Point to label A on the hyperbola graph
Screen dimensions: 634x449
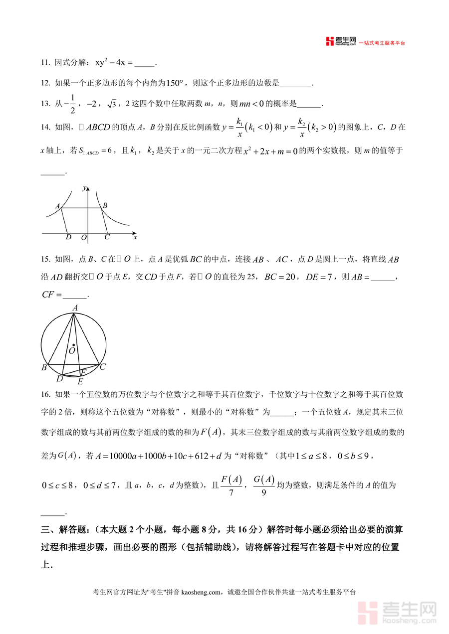pyautogui.click(x=57, y=206)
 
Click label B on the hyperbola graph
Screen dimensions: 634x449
pyautogui.click(x=105, y=205)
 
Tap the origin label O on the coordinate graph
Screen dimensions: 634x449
pyautogui.click(x=83, y=238)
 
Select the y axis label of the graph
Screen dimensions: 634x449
pyautogui.click(x=84, y=188)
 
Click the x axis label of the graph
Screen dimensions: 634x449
pyautogui.click(x=135, y=237)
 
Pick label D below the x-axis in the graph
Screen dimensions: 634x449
pyautogui.click(x=68, y=237)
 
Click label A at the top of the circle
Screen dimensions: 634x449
pyautogui.click(x=75, y=308)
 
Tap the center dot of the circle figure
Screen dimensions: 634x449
pyautogui.click(x=73, y=345)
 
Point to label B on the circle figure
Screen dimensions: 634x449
pyautogui.click(x=44, y=368)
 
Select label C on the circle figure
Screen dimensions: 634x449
pyautogui.click(x=102, y=367)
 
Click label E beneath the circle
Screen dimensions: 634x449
pyautogui.click(x=80, y=382)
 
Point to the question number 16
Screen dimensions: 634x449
pyautogui.click(x=45, y=395)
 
